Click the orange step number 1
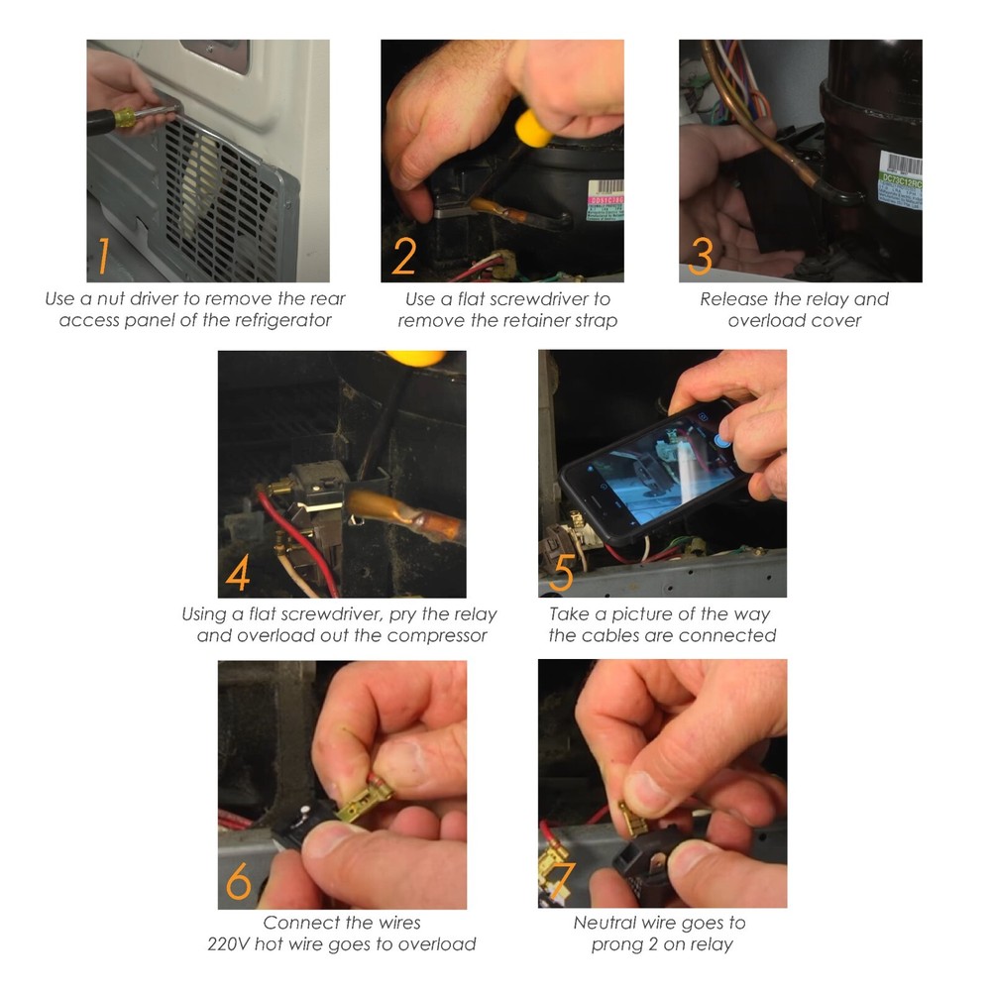click(x=99, y=255)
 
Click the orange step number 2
click(x=403, y=255)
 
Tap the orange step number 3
click(x=700, y=255)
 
